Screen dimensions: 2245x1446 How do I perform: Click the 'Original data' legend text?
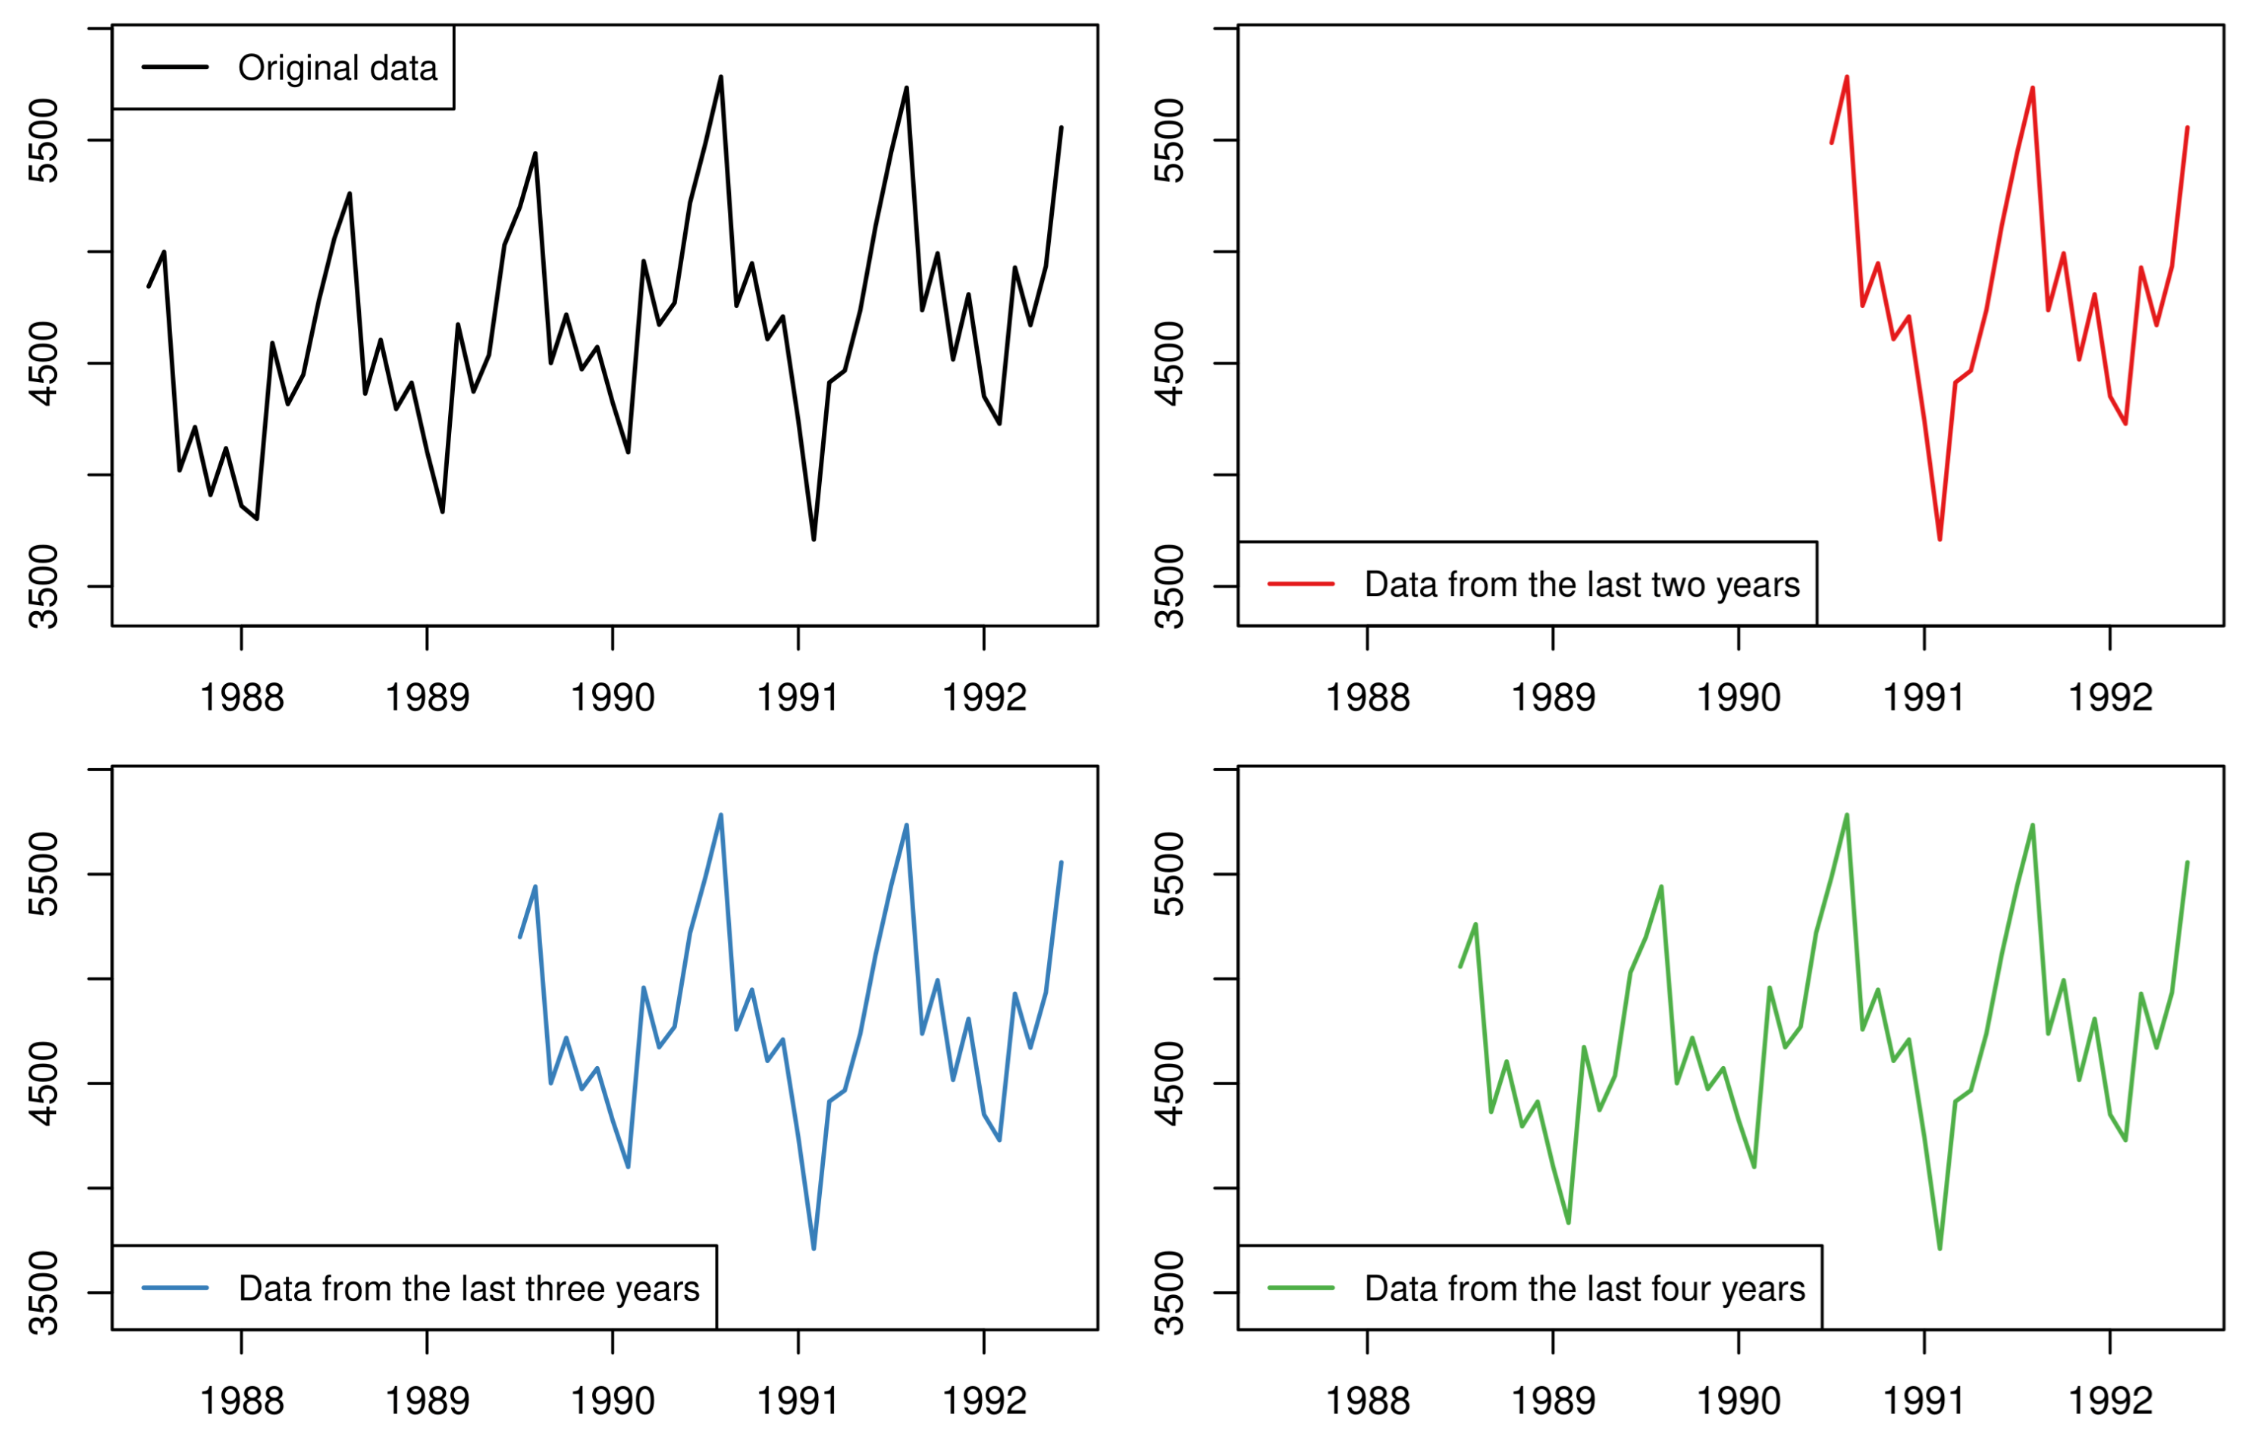click(x=337, y=67)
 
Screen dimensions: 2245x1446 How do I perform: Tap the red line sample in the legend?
click(x=1300, y=584)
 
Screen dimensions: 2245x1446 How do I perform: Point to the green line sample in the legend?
click(x=1300, y=1288)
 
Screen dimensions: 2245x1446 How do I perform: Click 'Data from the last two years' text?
click(x=1582, y=585)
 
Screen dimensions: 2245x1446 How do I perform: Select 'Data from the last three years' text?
click(x=469, y=1288)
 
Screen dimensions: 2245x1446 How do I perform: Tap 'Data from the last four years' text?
click(x=1585, y=1288)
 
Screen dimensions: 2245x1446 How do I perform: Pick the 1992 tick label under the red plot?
click(x=2110, y=698)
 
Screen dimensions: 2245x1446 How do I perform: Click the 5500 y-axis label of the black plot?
click(x=44, y=141)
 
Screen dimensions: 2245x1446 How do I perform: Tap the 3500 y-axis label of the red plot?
click(x=1170, y=587)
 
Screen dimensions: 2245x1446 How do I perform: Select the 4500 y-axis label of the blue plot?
click(x=44, y=1084)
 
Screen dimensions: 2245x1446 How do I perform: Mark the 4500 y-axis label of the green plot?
click(x=1170, y=1084)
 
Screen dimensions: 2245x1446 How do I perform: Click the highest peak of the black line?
click(x=721, y=77)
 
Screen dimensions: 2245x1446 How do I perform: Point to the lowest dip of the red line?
click(x=1940, y=539)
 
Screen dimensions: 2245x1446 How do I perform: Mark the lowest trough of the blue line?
click(x=813, y=1249)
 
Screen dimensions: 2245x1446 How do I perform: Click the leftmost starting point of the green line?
click(x=1460, y=966)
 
